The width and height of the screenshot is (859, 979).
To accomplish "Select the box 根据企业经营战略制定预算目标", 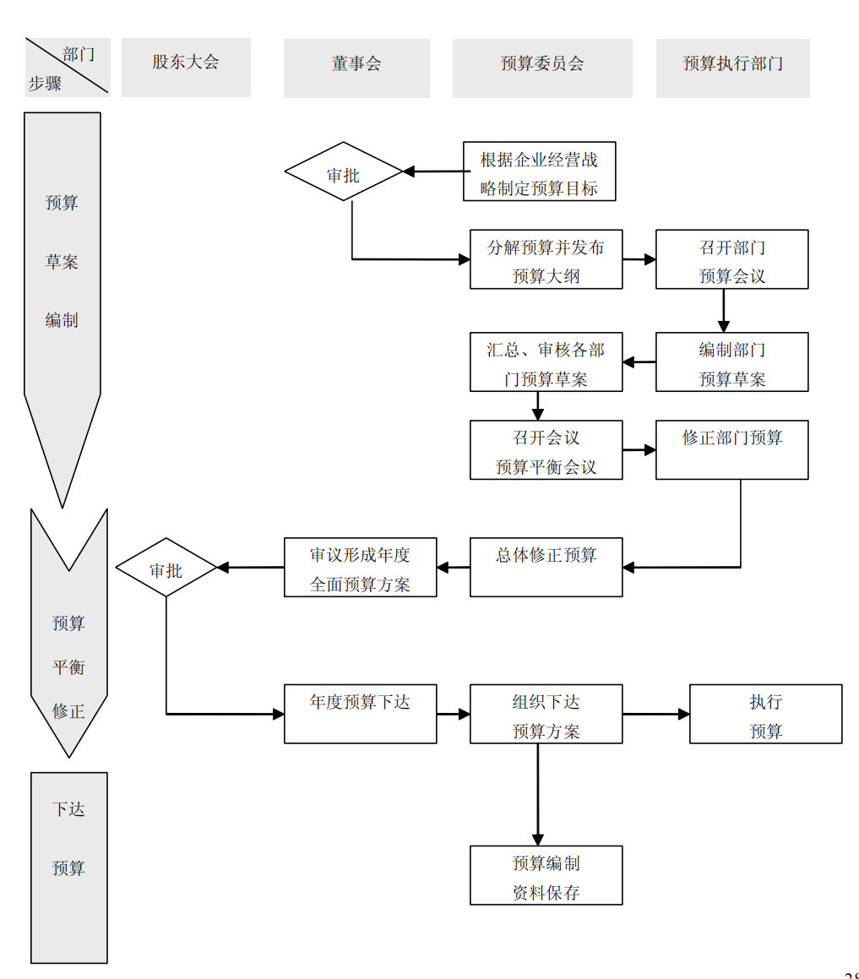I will pos(539,171).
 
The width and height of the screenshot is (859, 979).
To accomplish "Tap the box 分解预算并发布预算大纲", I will pos(546,259).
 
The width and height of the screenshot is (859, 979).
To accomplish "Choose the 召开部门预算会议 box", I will pos(731,259).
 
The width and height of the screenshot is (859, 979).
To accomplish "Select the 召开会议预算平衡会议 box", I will pos(546,450).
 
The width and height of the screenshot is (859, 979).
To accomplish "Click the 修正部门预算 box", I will pos(731,450).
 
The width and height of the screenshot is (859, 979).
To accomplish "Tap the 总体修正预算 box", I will pos(546,568).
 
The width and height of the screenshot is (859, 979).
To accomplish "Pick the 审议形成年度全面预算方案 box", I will pos(360,568).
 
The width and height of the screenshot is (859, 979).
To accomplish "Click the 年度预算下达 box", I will pos(360,714).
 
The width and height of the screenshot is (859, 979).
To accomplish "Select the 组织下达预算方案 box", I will pos(546,714).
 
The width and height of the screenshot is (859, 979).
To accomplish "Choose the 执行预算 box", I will pos(765,714).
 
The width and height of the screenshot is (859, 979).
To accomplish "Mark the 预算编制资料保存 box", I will pos(546,875).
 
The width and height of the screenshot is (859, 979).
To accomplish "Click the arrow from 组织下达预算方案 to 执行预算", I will pos(656,714).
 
